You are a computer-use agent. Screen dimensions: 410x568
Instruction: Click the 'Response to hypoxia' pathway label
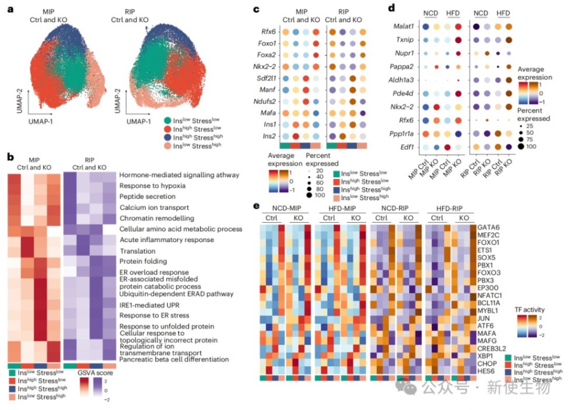tap(153, 185)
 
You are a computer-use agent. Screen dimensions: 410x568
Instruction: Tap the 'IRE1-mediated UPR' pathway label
tap(148, 305)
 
